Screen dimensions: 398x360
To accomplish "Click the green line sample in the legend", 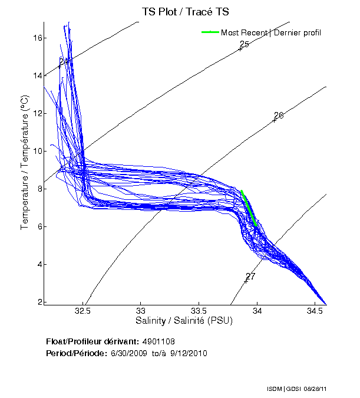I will point(210,32).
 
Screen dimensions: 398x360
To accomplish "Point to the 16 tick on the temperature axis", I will point(37,38).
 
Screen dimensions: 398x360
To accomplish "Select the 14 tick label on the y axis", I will point(37,75).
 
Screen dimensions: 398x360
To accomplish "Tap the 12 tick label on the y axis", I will point(37,113).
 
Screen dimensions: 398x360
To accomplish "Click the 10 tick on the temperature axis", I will point(37,151).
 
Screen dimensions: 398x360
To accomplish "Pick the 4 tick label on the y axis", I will point(38,264).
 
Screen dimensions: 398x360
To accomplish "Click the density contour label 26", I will point(279,115).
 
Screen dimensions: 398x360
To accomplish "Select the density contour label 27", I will point(250,276).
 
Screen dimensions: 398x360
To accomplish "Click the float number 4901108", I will point(158,341).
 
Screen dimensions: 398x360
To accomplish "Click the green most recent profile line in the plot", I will point(249,207).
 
